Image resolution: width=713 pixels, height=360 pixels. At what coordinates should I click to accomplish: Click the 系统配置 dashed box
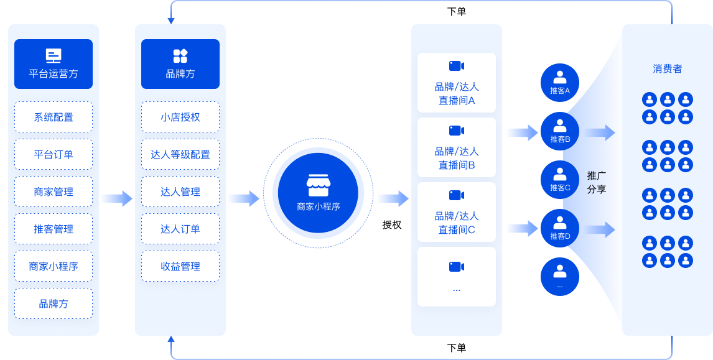[54, 117]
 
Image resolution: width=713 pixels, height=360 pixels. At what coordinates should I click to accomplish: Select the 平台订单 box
[54, 154]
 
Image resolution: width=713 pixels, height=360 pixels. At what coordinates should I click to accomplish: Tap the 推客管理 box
[54, 229]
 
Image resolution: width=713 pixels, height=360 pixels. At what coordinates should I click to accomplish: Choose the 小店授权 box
[180, 117]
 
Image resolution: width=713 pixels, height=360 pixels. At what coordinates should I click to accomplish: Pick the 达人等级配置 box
[180, 154]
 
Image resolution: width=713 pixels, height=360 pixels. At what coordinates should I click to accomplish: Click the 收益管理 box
[180, 266]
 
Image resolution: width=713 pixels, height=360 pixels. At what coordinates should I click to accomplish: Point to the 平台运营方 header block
[54, 63]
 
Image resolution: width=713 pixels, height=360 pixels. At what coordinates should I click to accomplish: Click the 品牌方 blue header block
[180, 63]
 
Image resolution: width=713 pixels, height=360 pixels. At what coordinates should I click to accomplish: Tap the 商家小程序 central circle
[318, 193]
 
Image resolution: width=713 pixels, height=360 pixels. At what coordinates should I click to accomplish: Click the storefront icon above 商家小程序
[318, 185]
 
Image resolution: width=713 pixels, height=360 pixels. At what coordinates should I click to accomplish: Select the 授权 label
[391, 224]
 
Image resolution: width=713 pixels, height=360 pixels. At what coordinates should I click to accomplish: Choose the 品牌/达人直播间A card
[457, 82]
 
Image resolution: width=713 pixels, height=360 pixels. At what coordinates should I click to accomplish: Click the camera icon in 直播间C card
[457, 195]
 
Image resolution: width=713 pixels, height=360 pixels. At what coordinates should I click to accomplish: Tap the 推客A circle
[560, 82]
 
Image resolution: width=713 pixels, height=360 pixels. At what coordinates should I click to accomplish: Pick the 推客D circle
[560, 228]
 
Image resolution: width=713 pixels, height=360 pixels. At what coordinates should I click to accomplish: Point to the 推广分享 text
[596, 182]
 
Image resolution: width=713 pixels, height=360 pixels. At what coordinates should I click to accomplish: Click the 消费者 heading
[668, 68]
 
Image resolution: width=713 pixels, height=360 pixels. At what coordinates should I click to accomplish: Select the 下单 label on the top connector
[457, 11]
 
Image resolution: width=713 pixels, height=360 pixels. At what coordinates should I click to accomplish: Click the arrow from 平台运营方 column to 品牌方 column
[117, 198]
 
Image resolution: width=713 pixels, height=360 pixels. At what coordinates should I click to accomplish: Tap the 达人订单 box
[180, 229]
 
